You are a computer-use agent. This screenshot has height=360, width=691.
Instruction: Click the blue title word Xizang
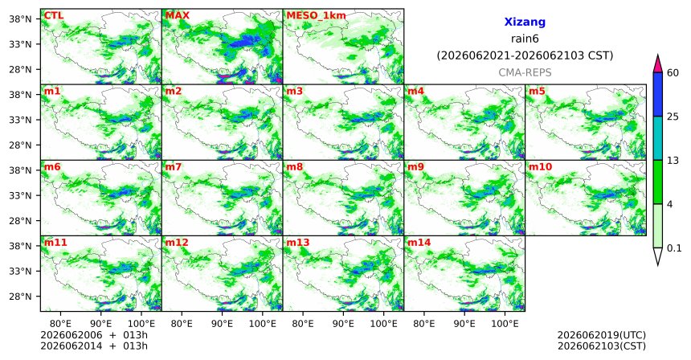[525, 22]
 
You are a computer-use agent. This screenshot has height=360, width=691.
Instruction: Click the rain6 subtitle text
[525, 39]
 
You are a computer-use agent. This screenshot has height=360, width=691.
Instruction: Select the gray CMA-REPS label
[525, 72]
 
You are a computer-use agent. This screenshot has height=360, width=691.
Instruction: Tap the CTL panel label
[53, 15]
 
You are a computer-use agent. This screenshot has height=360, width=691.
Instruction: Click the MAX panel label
[177, 15]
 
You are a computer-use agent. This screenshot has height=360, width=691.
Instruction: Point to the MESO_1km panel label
[316, 16]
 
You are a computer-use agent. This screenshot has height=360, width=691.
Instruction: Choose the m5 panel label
[537, 92]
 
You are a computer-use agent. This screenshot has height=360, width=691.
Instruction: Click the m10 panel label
[540, 167]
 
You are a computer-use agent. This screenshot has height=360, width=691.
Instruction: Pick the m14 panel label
[419, 243]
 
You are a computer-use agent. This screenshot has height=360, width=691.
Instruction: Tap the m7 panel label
[173, 167]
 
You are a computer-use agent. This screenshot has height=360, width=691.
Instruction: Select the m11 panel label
[55, 243]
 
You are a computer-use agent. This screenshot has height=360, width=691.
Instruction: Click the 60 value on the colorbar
[673, 73]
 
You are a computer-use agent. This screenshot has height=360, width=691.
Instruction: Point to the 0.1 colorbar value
[674, 248]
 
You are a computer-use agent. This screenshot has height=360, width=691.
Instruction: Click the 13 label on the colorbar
[673, 161]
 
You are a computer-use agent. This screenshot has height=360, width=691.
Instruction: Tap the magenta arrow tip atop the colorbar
[658, 55]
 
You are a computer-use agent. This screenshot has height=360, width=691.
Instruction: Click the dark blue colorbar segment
[658, 94]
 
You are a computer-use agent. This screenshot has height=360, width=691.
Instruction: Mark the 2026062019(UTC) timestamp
[602, 336]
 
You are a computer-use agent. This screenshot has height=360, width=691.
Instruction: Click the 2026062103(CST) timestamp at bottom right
[602, 346]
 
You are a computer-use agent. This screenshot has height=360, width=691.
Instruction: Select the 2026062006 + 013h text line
[94, 335]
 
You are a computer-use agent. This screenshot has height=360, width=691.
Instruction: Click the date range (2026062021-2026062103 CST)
[525, 56]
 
